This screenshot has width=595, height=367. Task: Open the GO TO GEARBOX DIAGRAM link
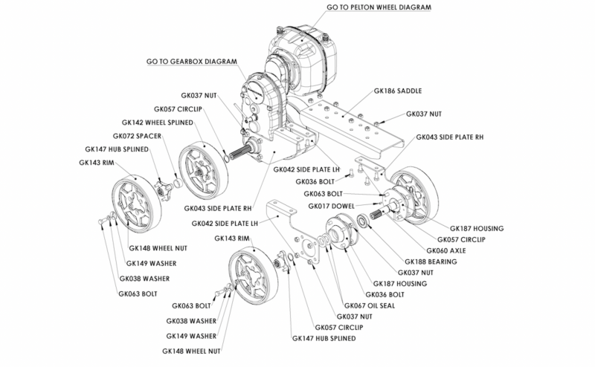[x=196, y=62]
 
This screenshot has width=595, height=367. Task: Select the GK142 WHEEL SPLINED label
[x=157, y=122]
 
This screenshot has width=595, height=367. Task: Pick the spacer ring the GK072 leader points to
[x=178, y=183]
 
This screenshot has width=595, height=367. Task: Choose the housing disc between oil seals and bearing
[x=341, y=230]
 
